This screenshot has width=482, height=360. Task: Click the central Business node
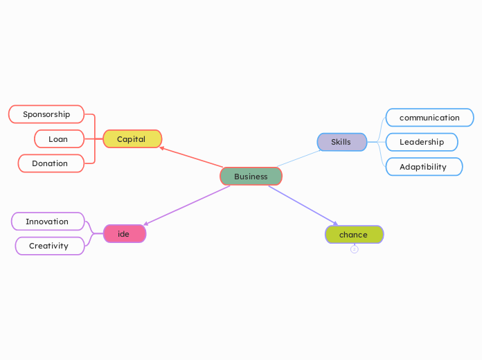[x=251, y=177]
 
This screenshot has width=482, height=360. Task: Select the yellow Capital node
[x=132, y=139]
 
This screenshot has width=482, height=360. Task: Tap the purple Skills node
[x=341, y=142]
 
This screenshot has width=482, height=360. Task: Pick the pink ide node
[x=125, y=234]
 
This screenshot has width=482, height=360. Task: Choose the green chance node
[x=354, y=235]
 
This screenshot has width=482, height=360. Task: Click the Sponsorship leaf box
[x=46, y=114]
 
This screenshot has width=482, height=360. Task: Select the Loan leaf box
[x=59, y=139]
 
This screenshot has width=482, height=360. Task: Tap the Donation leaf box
[x=51, y=163]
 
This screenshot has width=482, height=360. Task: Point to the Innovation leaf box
[x=48, y=222]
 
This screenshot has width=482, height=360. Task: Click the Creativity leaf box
[x=49, y=246]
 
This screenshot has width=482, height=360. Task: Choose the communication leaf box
[x=429, y=118]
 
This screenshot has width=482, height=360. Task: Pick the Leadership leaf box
[x=422, y=142]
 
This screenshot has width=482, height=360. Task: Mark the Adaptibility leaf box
[x=423, y=167]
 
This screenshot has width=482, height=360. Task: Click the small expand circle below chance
[x=355, y=249]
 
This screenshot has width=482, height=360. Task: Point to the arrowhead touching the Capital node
[x=161, y=147]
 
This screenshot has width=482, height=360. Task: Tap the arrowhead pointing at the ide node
[x=145, y=224]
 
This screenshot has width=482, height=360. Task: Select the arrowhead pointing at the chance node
[x=336, y=224]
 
